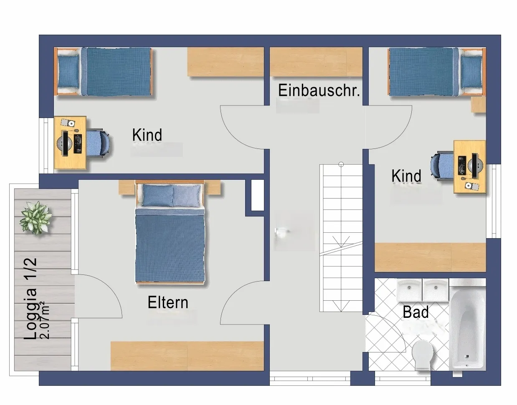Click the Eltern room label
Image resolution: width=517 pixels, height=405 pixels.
click(168, 302)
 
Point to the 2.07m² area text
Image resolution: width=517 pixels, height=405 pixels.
click(45, 320)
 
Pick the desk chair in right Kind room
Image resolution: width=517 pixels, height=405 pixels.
click(442, 165)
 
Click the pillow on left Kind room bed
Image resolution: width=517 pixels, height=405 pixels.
click(68, 72)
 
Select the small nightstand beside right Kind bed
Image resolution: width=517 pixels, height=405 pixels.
click(478, 105)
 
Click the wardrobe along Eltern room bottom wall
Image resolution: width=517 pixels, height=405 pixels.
click(187, 356)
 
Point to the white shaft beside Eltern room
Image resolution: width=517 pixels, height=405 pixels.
click(258, 195)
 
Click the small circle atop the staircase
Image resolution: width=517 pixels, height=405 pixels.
click(341, 164)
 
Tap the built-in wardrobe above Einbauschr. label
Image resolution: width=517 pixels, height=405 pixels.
click(316, 62)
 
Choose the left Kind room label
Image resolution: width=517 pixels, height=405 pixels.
click(147, 135)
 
